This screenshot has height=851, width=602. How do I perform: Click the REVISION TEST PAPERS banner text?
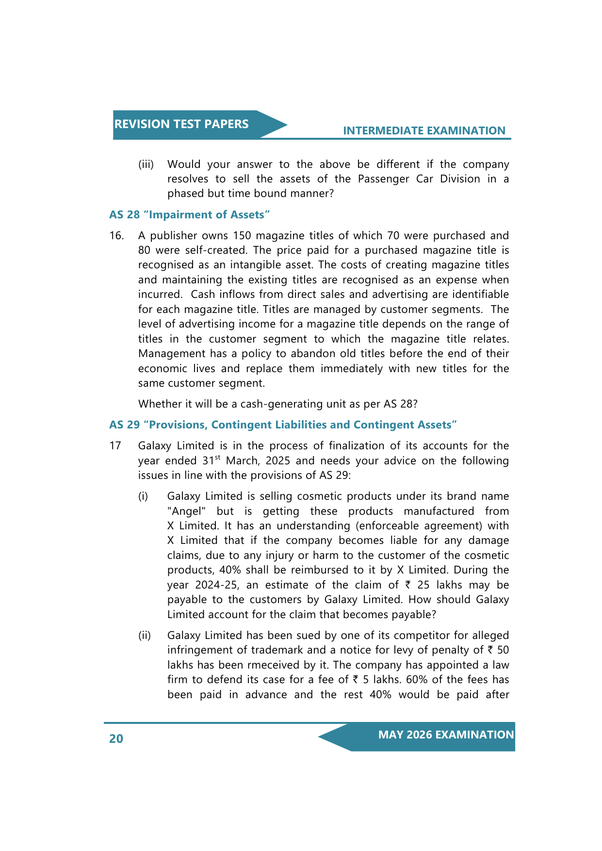[181, 124]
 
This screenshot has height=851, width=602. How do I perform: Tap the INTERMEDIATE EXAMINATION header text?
[424, 131]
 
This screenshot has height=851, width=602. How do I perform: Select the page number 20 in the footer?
[116, 738]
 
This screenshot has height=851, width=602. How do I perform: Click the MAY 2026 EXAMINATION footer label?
[446, 735]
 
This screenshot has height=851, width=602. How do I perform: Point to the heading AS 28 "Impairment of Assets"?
[189, 214]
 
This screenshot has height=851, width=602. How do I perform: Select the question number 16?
[116, 236]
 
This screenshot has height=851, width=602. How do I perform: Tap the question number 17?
[115, 446]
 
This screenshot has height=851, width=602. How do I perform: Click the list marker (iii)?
[146, 164]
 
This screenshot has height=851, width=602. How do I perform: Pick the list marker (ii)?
[145, 636]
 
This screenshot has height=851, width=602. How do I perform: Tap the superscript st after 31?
[218, 458]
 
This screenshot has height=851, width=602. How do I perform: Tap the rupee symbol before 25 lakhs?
[407, 585]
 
